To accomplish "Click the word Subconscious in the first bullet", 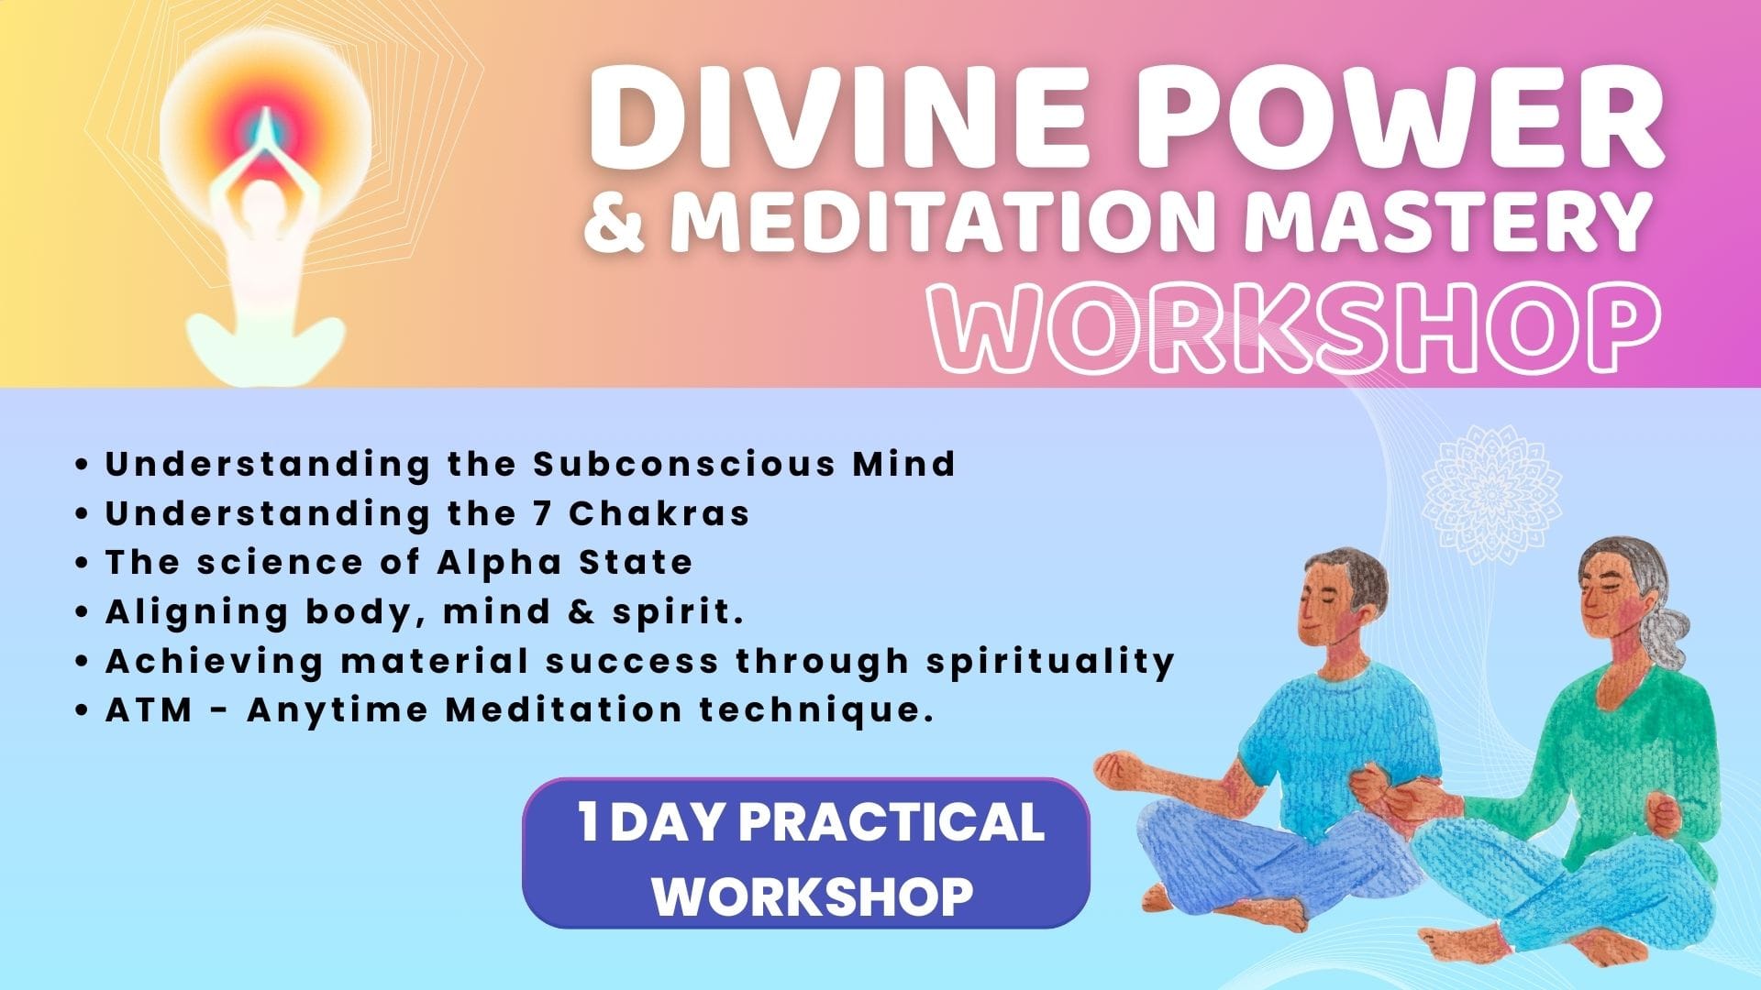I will point(684,464).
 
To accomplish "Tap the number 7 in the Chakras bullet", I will point(542,513).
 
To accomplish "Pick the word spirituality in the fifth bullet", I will point(1049,662).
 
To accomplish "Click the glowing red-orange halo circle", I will point(265,128).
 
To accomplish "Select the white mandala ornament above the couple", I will point(1490,495).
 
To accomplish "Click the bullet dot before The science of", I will point(83,564).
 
